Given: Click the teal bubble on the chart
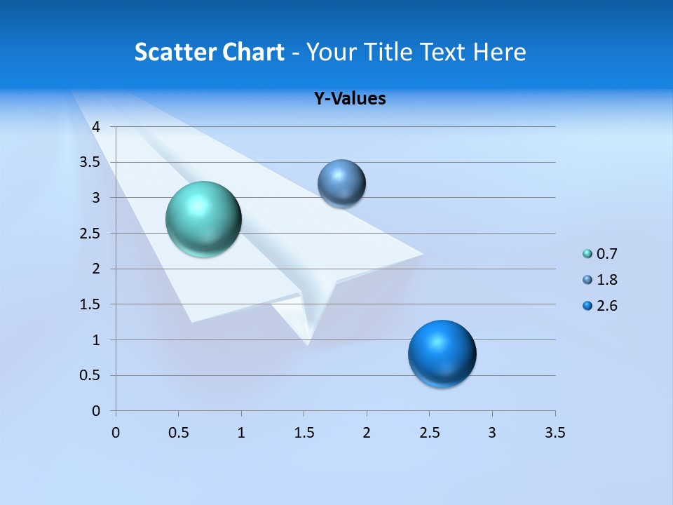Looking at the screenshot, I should point(204,219).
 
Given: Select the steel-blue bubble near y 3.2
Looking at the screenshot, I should point(341,183).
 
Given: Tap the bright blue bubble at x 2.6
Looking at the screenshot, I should point(442,353).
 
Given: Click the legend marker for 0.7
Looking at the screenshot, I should point(587,254).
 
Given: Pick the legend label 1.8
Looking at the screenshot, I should point(606,280).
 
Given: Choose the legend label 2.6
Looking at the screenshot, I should point(606,306).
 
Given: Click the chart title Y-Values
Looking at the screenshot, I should point(350,98).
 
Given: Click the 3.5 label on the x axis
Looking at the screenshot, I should point(555,433).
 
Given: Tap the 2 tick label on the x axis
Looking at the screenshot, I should point(367,433).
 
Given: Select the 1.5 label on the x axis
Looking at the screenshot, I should point(304,433).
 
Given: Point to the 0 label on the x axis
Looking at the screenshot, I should point(116,433).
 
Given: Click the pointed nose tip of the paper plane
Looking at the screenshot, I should point(307,344).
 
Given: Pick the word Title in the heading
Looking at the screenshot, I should point(388,52).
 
